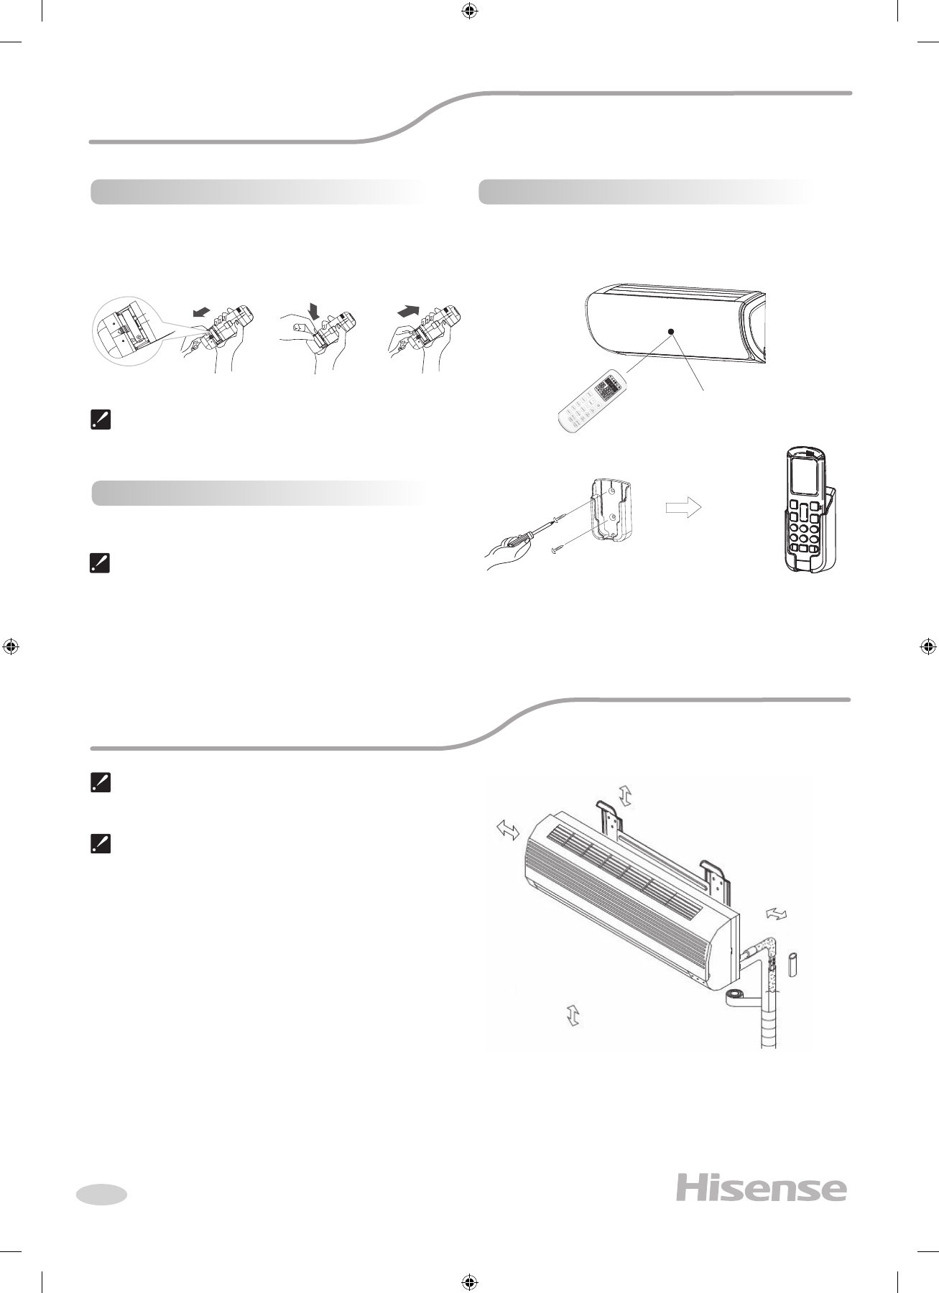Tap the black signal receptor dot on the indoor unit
click(670, 331)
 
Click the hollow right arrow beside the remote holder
click(684, 507)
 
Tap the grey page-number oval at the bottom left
click(101, 1194)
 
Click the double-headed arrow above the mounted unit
click(624, 795)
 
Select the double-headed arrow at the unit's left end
click(508, 830)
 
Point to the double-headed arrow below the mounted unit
click(573, 1015)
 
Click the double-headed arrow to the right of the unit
click(777, 913)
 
